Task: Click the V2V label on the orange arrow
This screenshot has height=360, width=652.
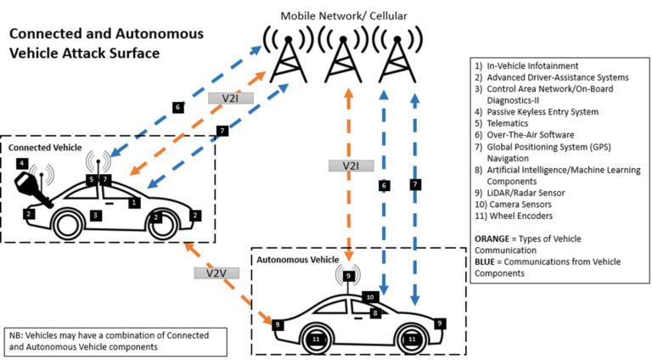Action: (x=211, y=273)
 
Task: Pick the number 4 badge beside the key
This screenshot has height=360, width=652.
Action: (x=21, y=163)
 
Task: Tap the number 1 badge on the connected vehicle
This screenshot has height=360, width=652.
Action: (x=133, y=202)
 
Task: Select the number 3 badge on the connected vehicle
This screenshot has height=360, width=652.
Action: (x=96, y=217)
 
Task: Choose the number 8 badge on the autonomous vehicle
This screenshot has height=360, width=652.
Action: (x=375, y=312)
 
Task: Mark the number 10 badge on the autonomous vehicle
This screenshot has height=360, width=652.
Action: (x=369, y=297)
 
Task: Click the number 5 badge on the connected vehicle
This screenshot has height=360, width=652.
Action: (x=91, y=180)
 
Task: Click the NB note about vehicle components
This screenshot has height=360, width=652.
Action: (x=115, y=341)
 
